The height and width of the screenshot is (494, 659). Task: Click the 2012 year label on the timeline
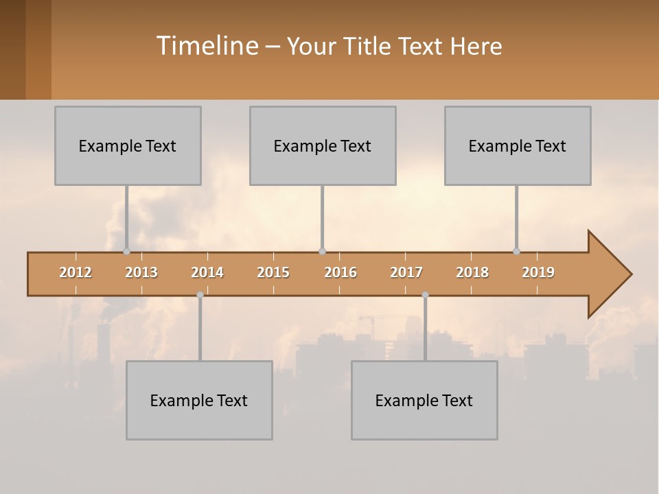coord(76,272)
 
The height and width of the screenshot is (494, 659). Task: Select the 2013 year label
coord(141,272)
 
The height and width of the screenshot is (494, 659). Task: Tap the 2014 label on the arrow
coord(207,272)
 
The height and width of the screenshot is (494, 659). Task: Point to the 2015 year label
coord(273,272)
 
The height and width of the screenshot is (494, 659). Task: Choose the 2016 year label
coord(340,272)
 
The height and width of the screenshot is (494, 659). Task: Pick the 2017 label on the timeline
coord(406,272)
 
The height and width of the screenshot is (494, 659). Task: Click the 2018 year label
coord(472,272)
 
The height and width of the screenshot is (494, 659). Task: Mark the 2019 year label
coord(538,272)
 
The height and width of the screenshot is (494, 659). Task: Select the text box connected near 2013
coord(128,145)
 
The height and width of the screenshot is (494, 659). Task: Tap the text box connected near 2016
coord(323,145)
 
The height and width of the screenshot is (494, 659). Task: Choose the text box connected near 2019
coord(518,145)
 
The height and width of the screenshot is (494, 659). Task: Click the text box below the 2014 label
coord(199,400)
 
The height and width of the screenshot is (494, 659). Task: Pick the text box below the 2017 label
coord(424,400)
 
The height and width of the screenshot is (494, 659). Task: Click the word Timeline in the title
coord(206,46)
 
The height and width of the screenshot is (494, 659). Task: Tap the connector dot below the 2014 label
coord(200,295)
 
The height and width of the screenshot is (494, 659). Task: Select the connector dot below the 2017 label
coord(425,295)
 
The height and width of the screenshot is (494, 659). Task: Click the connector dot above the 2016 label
coord(322,251)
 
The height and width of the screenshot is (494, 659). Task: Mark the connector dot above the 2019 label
coord(516,251)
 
